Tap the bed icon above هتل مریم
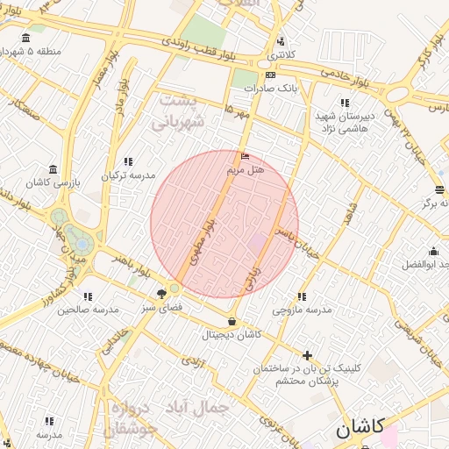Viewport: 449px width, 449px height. point(245,156)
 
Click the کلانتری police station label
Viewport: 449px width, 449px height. point(281,54)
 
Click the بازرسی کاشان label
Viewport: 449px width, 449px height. point(53,182)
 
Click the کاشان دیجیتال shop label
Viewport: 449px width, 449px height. point(232,334)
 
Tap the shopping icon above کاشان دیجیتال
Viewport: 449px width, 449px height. point(232,321)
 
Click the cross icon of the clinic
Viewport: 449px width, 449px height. point(306,355)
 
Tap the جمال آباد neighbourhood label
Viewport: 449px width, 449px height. point(203,408)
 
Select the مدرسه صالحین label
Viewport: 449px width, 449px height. point(88,310)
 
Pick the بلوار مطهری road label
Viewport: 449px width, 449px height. point(203,236)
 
